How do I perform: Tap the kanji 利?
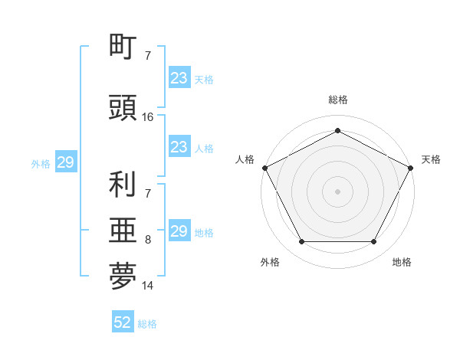(x=123, y=184)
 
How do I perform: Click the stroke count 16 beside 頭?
(x=149, y=116)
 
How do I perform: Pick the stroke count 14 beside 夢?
(x=149, y=286)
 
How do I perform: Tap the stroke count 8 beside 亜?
(x=148, y=240)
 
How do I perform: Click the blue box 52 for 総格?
(x=123, y=322)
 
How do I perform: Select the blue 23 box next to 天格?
(x=179, y=78)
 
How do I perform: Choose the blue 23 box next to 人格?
(x=179, y=147)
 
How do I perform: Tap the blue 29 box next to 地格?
(x=179, y=231)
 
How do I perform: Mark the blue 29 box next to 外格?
(x=65, y=162)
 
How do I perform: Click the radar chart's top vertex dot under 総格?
(x=337, y=130)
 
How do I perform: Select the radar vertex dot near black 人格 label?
(x=264, y=167)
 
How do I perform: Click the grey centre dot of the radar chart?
(x=337, y=191)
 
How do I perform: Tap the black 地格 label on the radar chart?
(x=402, y=262)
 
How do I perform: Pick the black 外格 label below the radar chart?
(x=270, y=262)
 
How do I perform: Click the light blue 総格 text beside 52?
(x=147, y=324)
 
